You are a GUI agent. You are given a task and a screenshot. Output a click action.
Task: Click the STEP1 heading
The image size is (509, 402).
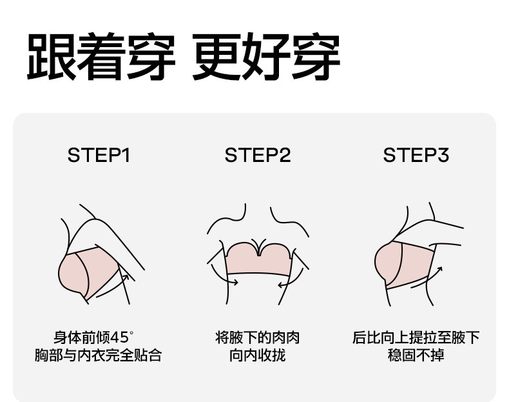[99, 156]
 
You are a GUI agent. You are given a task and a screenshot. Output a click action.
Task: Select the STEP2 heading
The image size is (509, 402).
[258, 156]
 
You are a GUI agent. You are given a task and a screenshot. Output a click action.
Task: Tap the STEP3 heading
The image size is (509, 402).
[416, 156]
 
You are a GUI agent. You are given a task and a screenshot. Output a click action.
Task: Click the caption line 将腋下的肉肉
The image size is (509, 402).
[257, 337]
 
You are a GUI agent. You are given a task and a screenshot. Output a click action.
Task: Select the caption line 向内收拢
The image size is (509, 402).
[257, 356]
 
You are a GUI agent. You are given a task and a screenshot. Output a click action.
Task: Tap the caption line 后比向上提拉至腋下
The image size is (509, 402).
[416, 337]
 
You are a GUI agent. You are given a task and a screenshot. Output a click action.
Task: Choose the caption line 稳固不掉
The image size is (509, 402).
[416, 356]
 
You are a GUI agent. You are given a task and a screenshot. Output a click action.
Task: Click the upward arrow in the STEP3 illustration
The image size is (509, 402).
[436, 274]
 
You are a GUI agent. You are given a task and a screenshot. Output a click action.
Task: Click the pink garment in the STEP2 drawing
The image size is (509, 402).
[258, 259]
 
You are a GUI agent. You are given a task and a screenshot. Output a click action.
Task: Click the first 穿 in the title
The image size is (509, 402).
[151, 57]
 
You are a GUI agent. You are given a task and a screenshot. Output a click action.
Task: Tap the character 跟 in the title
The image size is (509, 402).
[50, 57]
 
